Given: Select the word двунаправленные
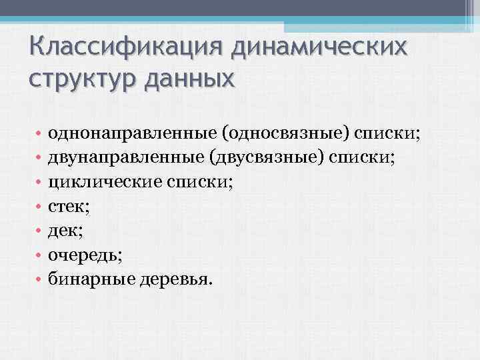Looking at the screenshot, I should [127, 158].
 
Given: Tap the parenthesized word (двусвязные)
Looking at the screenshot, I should [266, 158].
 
